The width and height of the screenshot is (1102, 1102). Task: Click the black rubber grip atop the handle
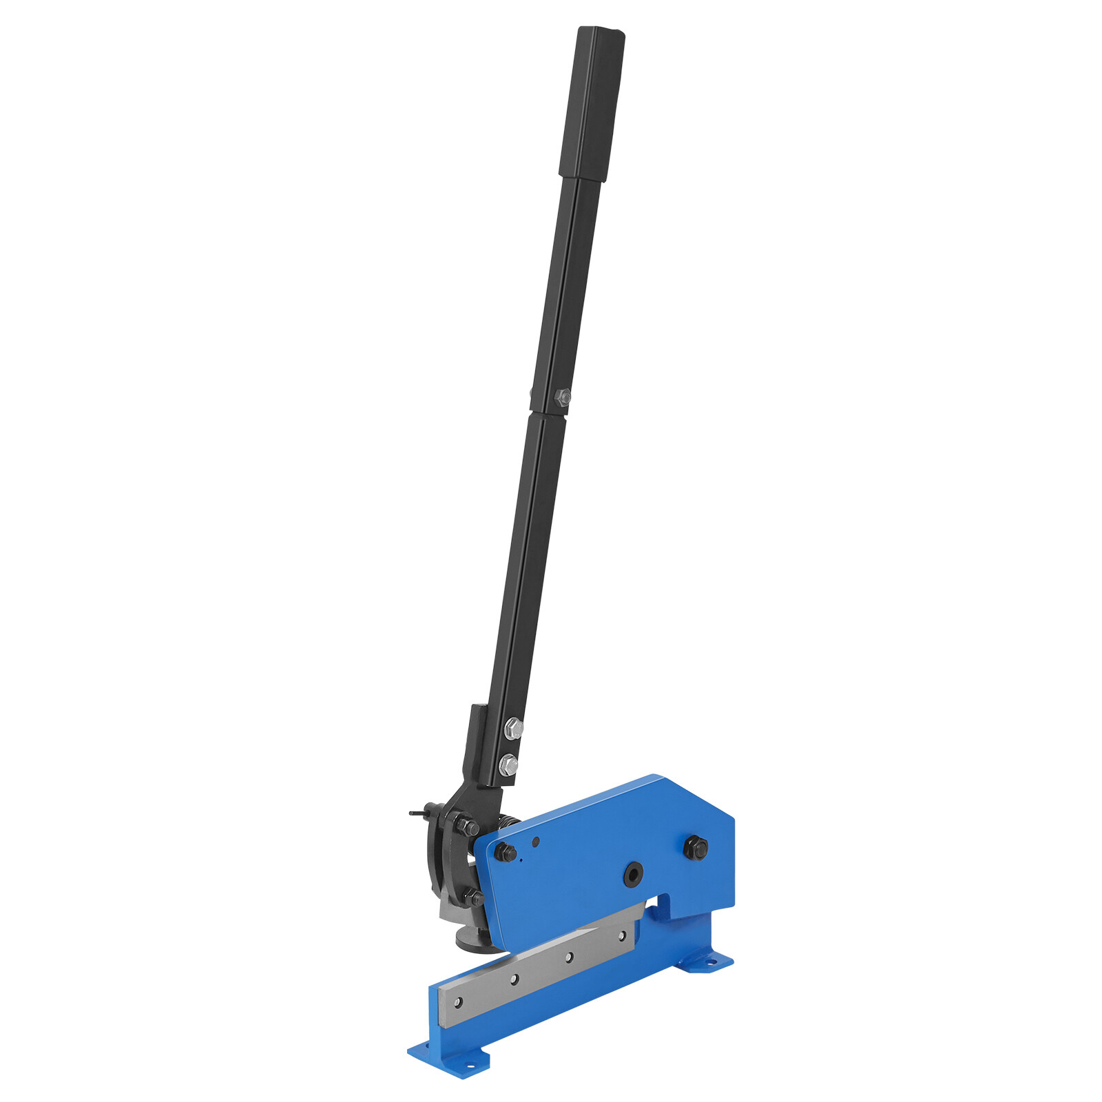coord(593,103)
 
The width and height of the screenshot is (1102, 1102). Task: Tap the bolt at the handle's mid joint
coord(562,396)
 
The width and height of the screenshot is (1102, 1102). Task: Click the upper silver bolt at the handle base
coord(512,727)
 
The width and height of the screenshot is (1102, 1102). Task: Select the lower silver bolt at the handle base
coord(508,763)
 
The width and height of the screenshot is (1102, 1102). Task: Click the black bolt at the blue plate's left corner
coord(506,853)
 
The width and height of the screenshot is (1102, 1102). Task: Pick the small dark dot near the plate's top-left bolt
coord(537,842)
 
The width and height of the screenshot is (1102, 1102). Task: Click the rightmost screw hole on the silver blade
coord(622,935)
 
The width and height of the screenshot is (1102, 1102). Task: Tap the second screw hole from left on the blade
coord(513,979)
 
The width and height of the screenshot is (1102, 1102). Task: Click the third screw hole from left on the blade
coord(569,957)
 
